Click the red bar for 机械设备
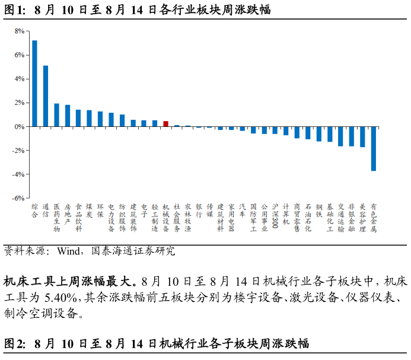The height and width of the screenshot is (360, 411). [x=165, y=124]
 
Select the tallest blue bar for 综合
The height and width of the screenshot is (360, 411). [x=34, y=84]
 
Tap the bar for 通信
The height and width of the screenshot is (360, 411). [x=46, y=96]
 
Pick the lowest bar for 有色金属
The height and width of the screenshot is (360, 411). [x=374, y=149]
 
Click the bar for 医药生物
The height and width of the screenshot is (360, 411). [x=56, y=115]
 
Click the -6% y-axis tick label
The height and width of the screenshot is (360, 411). [x=18, y=198]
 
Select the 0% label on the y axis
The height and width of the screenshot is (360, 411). [x=20, y=127]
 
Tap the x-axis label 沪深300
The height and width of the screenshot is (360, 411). [x=275, y=216]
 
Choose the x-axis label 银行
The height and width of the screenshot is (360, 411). [x=199, y=211]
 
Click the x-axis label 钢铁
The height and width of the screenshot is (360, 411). [x=318, y=211]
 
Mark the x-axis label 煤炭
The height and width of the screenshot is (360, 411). [x=89, y=211]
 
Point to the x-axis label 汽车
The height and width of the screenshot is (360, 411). [x=242, y=211]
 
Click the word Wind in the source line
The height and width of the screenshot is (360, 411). [x=68, y=251]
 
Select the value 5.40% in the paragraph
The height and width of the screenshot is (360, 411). [x=60, y=297]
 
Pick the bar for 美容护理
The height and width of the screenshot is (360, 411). [x=362, y=137]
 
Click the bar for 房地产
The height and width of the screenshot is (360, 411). [x=68, y=116]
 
